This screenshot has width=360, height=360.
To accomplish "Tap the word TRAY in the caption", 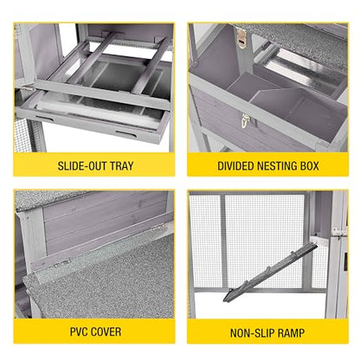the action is click(x=122, y=166).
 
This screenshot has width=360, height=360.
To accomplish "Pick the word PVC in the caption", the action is click(x=79, y=331).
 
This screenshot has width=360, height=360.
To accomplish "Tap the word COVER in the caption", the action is click(x=106, y=331).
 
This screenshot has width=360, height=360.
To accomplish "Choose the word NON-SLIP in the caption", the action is click(x=248, y=333).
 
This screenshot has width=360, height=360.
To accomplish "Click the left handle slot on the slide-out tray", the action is click(x=45, y=119).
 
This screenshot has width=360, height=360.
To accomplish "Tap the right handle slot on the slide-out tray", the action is click(x=125, y=133).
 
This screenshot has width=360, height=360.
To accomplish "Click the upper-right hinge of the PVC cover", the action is click(x=158, y=228).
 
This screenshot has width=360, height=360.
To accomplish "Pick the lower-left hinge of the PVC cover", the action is click(x=63, y=263).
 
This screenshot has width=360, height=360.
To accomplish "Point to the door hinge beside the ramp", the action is click(x=337, y=232).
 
